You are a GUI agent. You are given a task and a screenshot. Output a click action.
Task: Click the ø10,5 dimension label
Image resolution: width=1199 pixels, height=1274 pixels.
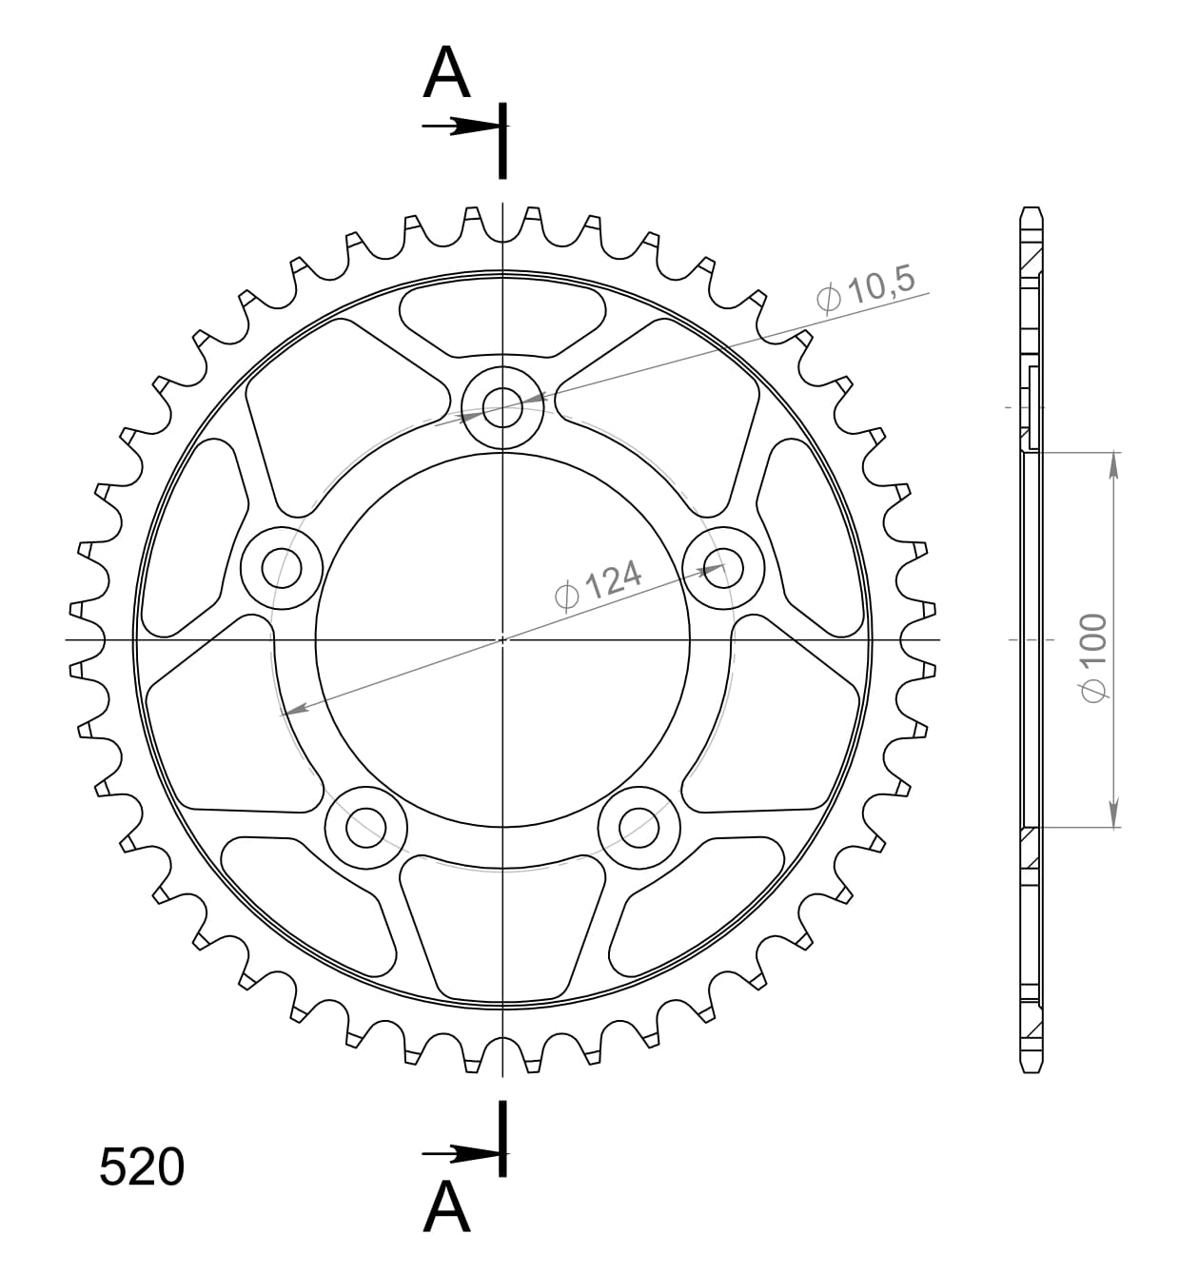coord(865,288)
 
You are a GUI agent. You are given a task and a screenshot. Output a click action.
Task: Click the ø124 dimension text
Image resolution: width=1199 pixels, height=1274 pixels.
coord(598,585)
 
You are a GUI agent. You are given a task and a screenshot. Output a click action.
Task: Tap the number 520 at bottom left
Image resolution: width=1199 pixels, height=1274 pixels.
coord(142,1166)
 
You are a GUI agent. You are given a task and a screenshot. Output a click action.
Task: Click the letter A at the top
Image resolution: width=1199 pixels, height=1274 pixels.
coord(446,73)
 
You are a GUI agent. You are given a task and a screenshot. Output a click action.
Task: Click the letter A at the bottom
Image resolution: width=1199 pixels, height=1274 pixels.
coord(446,1207)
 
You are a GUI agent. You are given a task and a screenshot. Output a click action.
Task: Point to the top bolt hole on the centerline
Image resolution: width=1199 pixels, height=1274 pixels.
coord(502,409)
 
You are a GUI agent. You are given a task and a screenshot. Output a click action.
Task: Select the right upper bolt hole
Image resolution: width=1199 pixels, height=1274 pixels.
coord(725,569)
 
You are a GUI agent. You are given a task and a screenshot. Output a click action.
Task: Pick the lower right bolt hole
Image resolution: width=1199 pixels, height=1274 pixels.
coord(639,827)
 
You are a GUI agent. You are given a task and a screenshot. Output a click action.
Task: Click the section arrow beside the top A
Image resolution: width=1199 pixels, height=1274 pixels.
coord(462,126)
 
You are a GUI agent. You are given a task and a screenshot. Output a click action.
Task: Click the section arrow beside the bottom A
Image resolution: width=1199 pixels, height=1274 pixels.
coord(462,1154)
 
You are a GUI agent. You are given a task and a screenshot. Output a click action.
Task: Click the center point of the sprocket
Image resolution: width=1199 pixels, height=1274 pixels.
coord(502,639)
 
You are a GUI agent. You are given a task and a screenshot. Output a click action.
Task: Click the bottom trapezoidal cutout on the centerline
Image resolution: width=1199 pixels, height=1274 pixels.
coord(502,928)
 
